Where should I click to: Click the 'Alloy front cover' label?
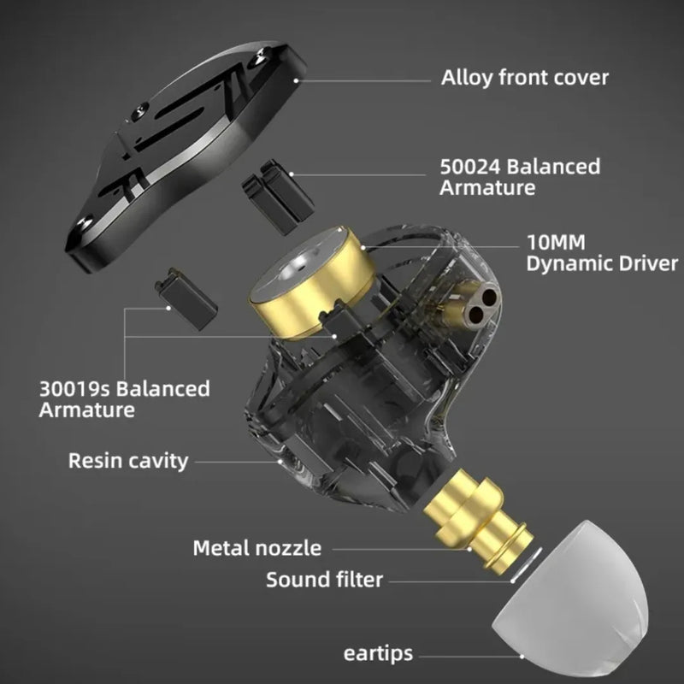(x=524, y=78)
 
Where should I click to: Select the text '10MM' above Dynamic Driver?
(x=556, y=243)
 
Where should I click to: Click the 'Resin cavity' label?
(x=128, y=461)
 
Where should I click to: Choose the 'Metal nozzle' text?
(x=257, y=548)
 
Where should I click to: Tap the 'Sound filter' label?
(x=325, y=580)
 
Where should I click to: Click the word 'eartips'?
(x=378, y=654)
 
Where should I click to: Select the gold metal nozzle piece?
(x=478, y=519)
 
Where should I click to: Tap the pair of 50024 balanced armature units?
(x=278, y=197)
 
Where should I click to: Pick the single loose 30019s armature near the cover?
(x=186, y=298)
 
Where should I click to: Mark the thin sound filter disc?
(x=526, y=564)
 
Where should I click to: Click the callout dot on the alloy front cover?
(x=296, y=80)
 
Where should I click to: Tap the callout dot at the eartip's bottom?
(x=522, y=656)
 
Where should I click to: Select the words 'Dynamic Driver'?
(x=602, y=264)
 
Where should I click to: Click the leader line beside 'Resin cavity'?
(x=238, y=462)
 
